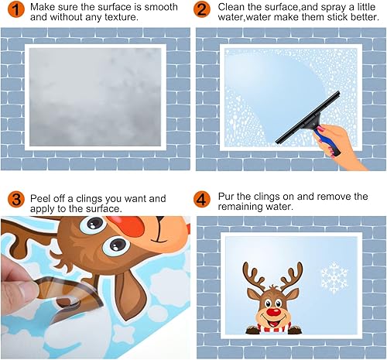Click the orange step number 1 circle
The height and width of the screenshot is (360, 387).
pos(16,9)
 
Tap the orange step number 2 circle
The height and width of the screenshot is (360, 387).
pos(202,9)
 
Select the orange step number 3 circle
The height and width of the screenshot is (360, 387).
pos(16,199)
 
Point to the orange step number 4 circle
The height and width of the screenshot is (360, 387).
pos(202,199)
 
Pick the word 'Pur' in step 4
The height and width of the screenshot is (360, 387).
pos(226,197)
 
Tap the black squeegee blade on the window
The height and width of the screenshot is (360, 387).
pos(307,118)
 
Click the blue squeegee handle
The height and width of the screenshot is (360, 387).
pos(327,142)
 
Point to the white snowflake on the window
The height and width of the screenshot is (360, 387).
pos(334,278)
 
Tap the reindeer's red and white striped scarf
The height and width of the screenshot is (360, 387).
pos(274,327)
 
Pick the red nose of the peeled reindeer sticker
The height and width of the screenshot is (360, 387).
pos(125,225)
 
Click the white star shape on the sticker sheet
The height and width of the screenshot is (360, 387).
pos(124,334)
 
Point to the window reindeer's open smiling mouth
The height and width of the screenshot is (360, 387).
pos(274,321)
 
